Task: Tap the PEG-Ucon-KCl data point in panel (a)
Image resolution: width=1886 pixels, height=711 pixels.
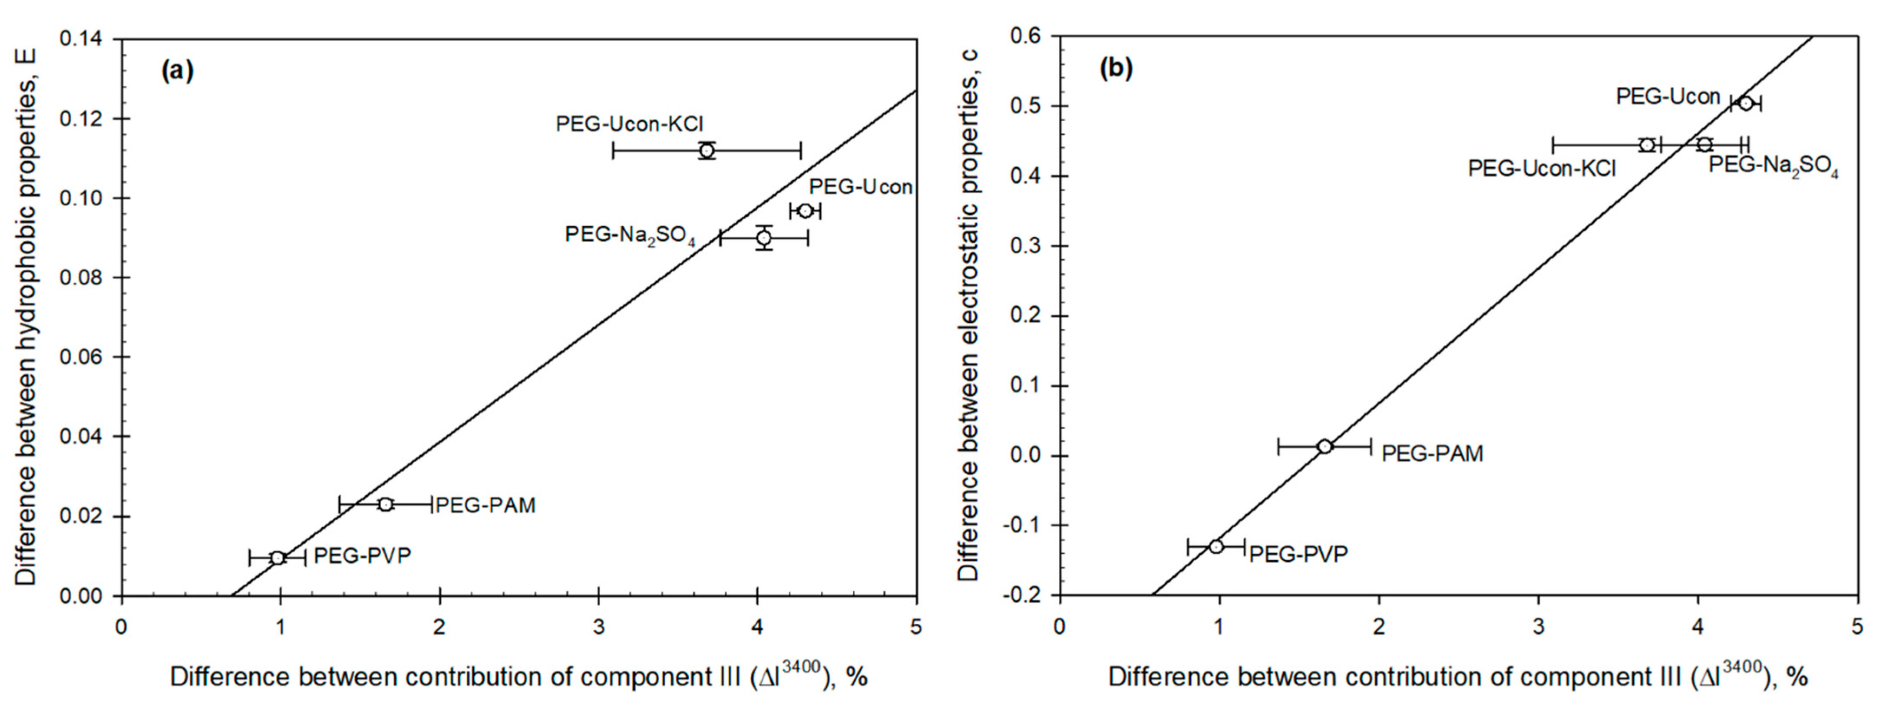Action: [x=707, y=150]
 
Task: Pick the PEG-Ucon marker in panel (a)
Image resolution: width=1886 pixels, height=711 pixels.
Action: [x=806, y=211]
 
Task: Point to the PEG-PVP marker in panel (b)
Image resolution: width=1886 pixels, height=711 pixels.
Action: [x=1216, y=546]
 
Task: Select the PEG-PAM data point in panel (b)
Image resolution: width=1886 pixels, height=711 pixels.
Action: [x=1324, y=446]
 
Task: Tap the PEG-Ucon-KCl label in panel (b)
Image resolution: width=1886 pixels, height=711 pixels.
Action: [x=1542, y=169]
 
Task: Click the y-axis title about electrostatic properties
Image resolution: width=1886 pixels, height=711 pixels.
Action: [x=968, y=315]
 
